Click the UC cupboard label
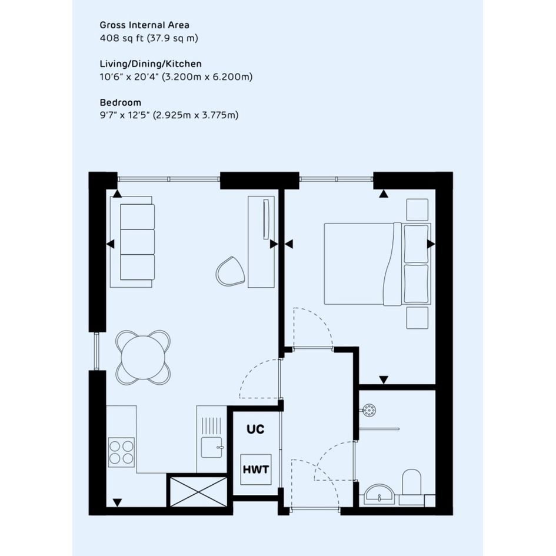click(255, 429)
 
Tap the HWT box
click(256, 470)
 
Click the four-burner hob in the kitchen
click(121, 452)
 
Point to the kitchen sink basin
click(212, 448)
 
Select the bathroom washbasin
click(379, 494)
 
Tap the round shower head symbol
click(370, 411)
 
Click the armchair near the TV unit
click(231, 271)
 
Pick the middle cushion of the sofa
click(138, 242)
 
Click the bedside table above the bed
click(417, 210)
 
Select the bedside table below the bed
click(417, 318)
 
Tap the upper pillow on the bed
click(417, 244)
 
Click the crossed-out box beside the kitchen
click(199, 491)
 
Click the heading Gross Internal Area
click(144, 25)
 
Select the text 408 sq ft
click(122, 38)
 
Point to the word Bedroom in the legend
click(121, 102)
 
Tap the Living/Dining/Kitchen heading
click(151, 64)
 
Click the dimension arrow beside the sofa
click(111, 244)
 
